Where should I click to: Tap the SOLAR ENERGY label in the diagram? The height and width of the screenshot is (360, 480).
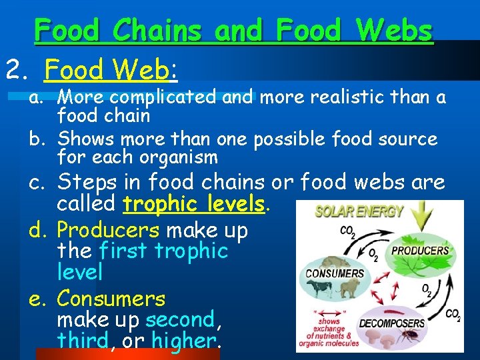click(x=359, y=212)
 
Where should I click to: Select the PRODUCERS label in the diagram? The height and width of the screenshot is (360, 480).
click(x=420, y=251)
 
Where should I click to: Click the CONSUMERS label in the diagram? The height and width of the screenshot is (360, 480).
click(x=335, y=273)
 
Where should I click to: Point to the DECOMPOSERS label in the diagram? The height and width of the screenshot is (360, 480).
click(x=392, y=323)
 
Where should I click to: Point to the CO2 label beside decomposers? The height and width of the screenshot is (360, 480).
click(x=453, y=314)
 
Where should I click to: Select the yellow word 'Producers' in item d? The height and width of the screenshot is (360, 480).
click(x=107, y=231)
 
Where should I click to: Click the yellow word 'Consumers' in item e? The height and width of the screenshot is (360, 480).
click(x=111, y=298)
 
